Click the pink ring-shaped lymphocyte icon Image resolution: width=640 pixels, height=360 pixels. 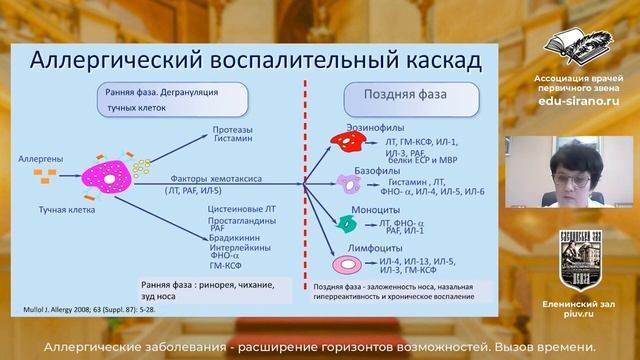tap(347, 264)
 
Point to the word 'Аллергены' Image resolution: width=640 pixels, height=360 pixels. tap(42, 159)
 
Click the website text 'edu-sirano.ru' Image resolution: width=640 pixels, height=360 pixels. tap(571, 101)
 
